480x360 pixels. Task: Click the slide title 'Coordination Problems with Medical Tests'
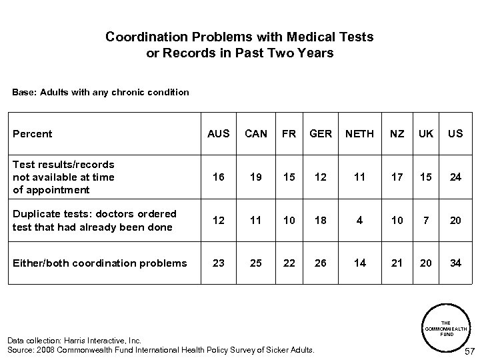(239, 37)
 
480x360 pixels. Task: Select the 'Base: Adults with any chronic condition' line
(101, 91)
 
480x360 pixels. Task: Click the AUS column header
(218, 133)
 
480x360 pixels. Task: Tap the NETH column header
(360, 133)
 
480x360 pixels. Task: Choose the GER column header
(321, 133)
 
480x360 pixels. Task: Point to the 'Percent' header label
(33, 133)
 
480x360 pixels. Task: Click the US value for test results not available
(455, 177)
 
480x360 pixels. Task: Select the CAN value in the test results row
(256, 177)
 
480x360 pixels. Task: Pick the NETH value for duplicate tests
(360, 220)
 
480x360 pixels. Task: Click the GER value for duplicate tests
(321, 220)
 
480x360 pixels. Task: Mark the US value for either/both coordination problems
(455, 263)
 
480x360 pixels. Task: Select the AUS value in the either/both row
(218, 263)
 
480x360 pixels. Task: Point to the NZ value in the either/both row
(397, 263)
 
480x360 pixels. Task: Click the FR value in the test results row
(289, 177)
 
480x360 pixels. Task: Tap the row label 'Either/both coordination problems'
(100, 263)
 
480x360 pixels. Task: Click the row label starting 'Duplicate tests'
(95, 220)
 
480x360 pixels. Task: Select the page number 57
(469, 351)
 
